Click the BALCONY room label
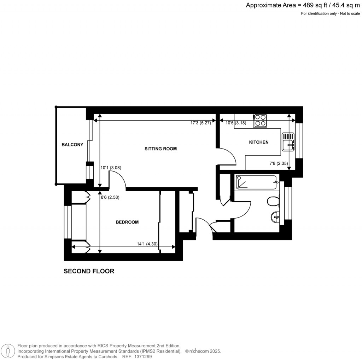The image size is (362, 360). click(x=72, y=145)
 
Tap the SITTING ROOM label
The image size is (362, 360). click(x=160, y=149)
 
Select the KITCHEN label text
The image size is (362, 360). click(x=259, y=143)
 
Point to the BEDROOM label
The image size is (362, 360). click(x=127, y=222)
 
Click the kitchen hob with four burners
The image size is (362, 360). click(x=260, y=120)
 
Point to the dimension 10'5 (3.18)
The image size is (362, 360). click(x=235, y=123)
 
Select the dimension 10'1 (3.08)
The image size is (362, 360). click(x=111, y=168)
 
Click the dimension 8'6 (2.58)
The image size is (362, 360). click(x=110, y=198)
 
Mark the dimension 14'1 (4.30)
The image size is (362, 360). click(x=147, y=244)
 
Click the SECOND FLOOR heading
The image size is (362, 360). click(x=89, y=272)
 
